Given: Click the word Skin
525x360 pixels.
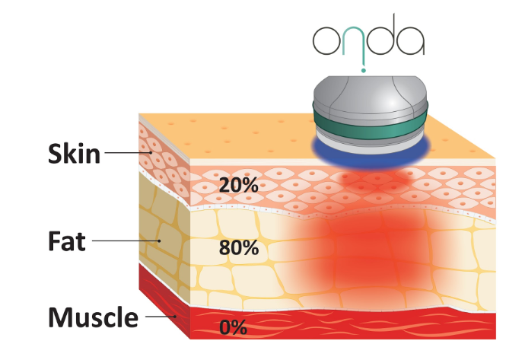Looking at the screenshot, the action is (x=74, y=154).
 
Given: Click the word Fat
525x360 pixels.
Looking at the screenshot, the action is (x=67, y=241).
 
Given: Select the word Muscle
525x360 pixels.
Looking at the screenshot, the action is (x=93, y=317).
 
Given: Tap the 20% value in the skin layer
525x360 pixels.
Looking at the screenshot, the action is (x=238, y=185).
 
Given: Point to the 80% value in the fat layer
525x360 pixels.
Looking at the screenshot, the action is (x=239, y=248).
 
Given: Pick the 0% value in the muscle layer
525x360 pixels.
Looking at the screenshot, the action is (x=234, y=327).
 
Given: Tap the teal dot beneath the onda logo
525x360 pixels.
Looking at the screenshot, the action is (x=364, y=70).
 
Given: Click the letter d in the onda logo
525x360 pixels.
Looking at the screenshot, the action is (x=381, y=35).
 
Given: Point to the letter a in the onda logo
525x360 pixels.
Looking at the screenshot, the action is (x=411, y=40).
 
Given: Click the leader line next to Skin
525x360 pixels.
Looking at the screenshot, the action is (x=129, y=153).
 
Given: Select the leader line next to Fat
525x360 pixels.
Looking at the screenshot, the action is (x=126, y=241).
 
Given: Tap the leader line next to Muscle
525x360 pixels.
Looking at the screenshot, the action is (x=161, y=316).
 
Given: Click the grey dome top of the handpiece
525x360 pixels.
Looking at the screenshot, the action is (x=371, y=92).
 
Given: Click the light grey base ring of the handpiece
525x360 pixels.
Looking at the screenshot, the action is (x=371, y=145).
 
